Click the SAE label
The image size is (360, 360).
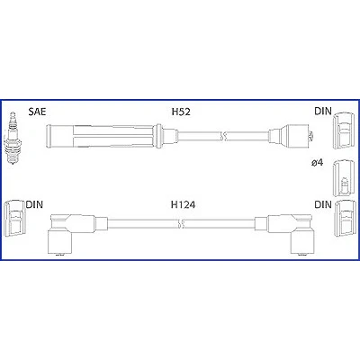click(x=37, y=112)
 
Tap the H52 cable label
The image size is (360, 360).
click(x=181, y=112)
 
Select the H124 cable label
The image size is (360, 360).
click(x=183, y=205)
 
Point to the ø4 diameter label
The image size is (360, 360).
click(x=317, y=163)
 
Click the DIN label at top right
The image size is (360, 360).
click(x=323, y=112)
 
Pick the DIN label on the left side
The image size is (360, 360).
click(x=34, y=204)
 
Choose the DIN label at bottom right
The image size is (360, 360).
click(x=323, y=204)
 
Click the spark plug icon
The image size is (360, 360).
click(x=13, y=139)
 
